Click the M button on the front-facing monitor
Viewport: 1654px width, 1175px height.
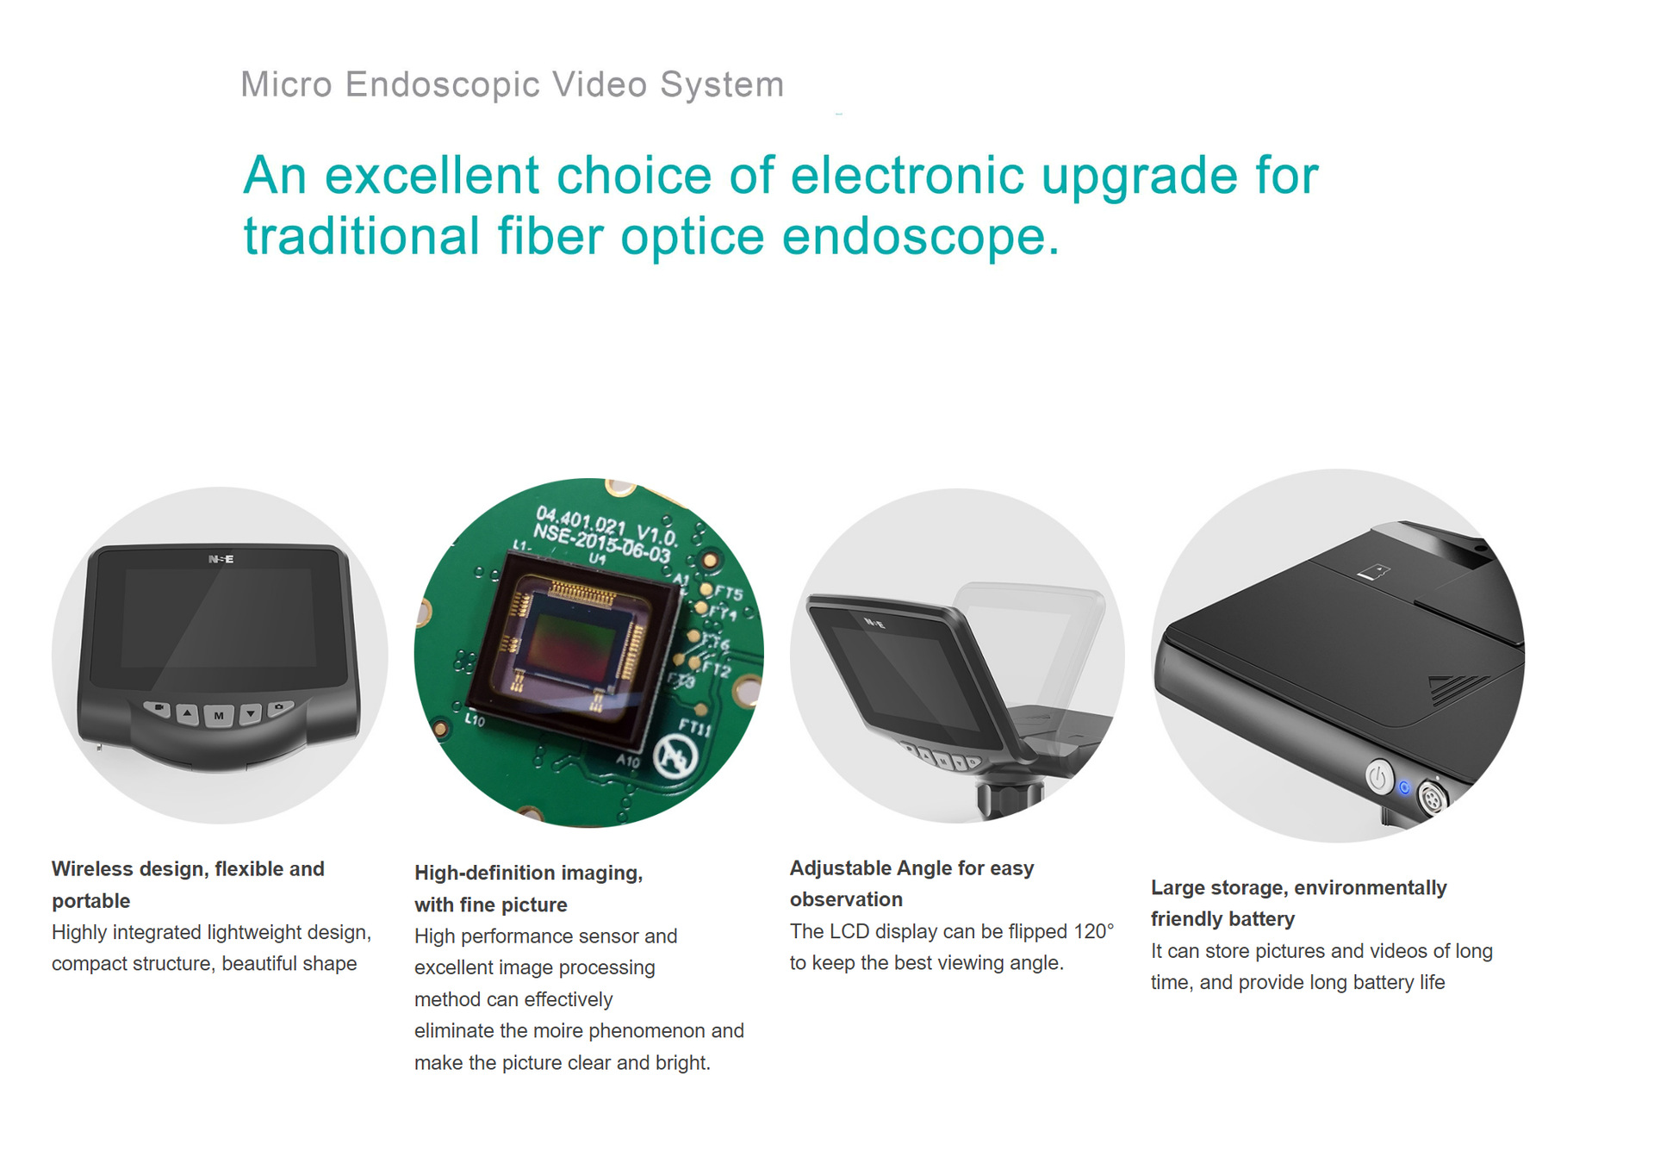(219, 716)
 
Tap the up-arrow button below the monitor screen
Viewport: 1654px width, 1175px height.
(188, 713)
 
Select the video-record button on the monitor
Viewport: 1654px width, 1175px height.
(158, 708)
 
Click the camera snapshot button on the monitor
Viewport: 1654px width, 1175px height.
(280, 708)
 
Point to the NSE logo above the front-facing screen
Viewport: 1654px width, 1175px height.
(221, 559)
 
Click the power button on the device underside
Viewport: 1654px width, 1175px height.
(1379, 777)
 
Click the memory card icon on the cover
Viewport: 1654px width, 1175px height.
(1373, 571)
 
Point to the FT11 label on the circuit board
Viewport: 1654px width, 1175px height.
(695, 727)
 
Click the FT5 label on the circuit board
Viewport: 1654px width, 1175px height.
(728, 593)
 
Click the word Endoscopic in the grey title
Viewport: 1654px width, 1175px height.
(443, 85)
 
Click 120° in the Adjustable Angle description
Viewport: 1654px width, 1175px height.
(1093, 932)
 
